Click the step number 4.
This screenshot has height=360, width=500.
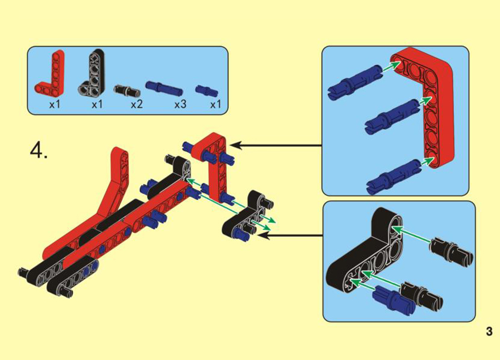[38, 150]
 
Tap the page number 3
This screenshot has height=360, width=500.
[489, 331]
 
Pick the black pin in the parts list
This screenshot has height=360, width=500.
[127, 90]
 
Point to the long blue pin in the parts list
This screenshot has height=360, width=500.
[164, 87]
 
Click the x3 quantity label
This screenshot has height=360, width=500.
[180, 104]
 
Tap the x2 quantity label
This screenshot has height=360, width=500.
[137, 104]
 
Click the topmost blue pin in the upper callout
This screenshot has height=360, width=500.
[354, 81]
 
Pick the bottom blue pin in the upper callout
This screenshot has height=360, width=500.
[394, 176]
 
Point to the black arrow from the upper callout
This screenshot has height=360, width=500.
[276, 146]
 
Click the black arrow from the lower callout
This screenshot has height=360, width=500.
[290, 236]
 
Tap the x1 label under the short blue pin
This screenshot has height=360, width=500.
[216, 104]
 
